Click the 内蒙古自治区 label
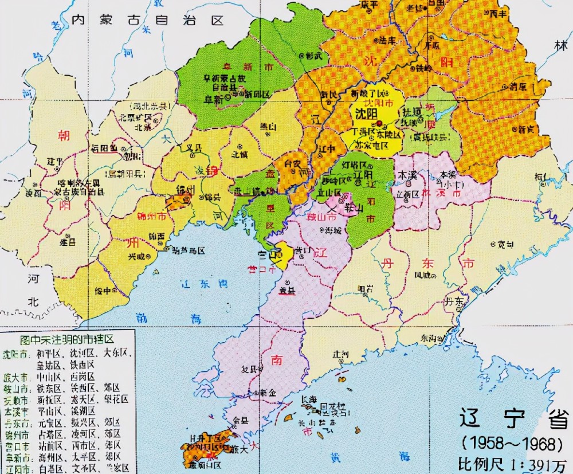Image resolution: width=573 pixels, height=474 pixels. (x=147, y=21)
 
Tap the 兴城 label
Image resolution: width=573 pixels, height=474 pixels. (x=136, y=256)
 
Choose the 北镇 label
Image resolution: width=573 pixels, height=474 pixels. (x=240, y=154)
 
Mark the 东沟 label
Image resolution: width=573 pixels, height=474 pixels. (x=429, y=338)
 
